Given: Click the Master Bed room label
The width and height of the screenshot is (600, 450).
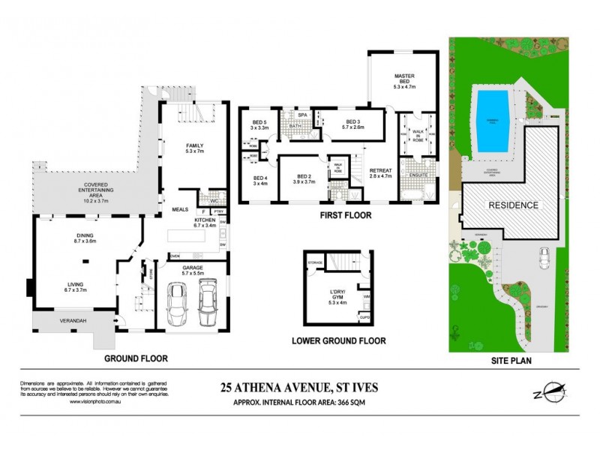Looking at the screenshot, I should [x=404, y=80].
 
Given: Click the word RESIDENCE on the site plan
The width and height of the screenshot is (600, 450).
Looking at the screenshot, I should [x=514, y=205].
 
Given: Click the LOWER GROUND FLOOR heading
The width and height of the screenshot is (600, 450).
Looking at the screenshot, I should [x=338, y=341].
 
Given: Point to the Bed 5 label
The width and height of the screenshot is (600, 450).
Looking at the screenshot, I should [x=259, y=125].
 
